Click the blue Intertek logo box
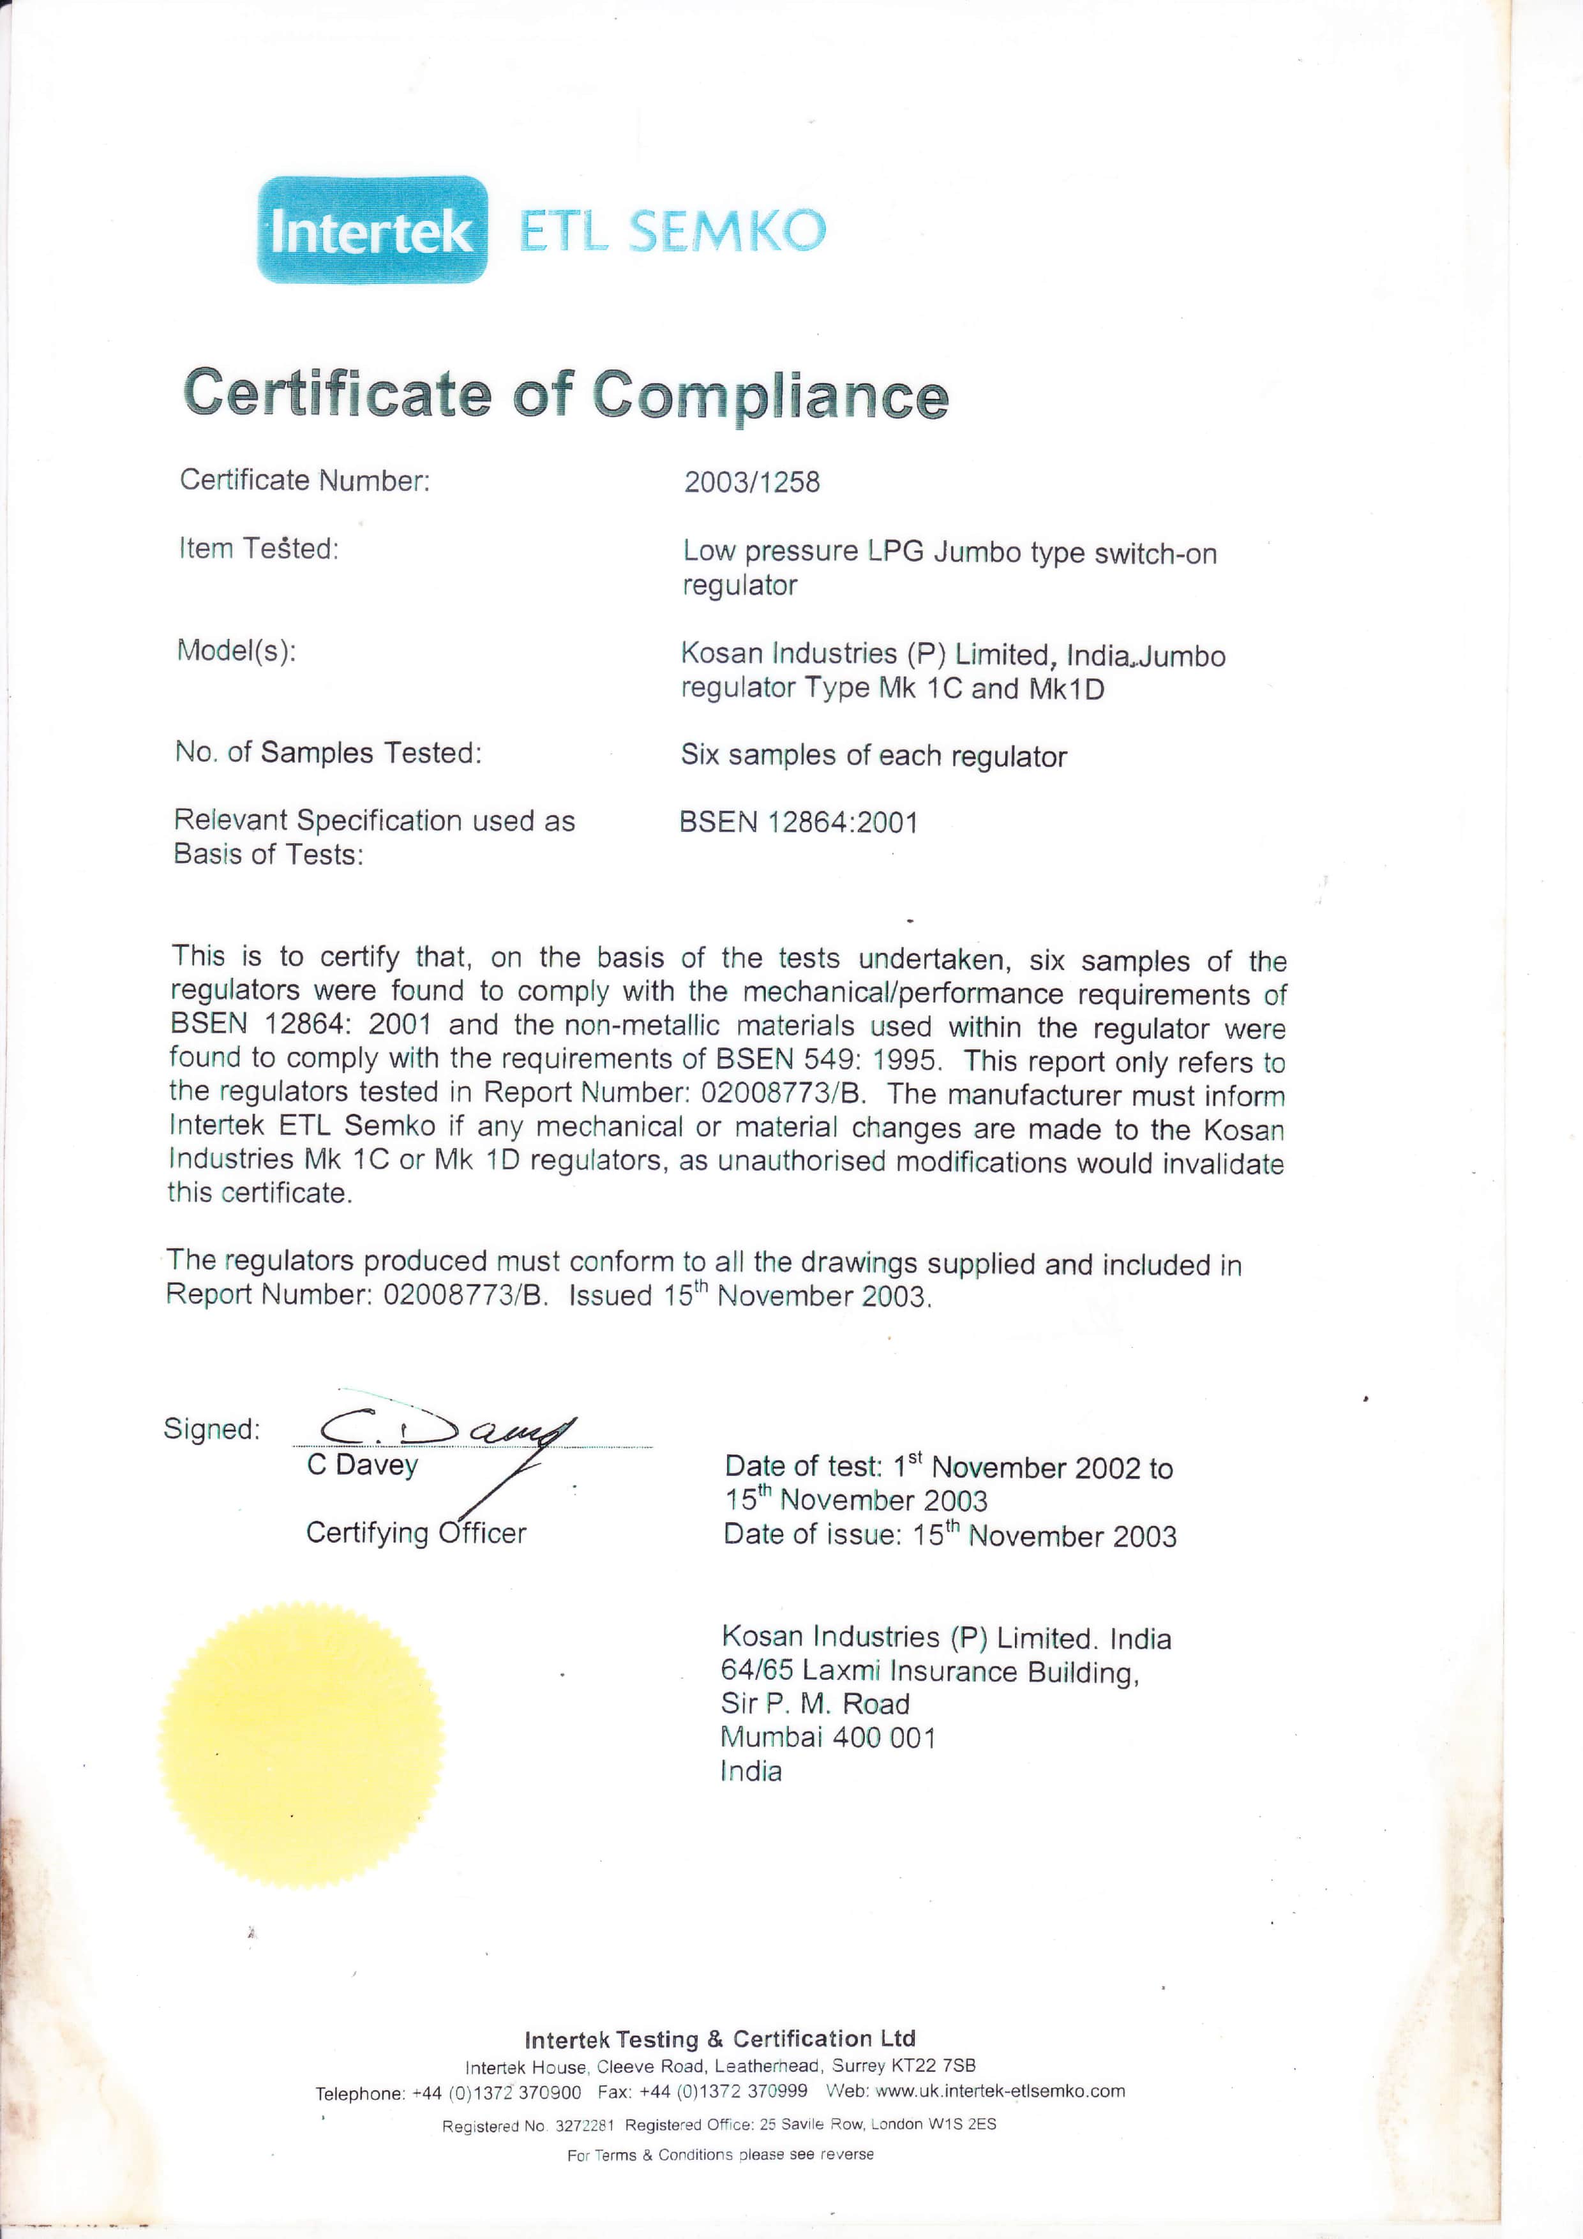click(371, 230)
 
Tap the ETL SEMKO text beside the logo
click(672, 231)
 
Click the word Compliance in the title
click(770, 395)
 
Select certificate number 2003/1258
click(751, 482)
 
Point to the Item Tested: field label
click(259, 549)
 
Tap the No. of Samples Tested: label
click(327, 753)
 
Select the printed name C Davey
click(362, 1465)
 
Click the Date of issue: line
click(949, 1535)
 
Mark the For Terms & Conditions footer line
click(720, 2154)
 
